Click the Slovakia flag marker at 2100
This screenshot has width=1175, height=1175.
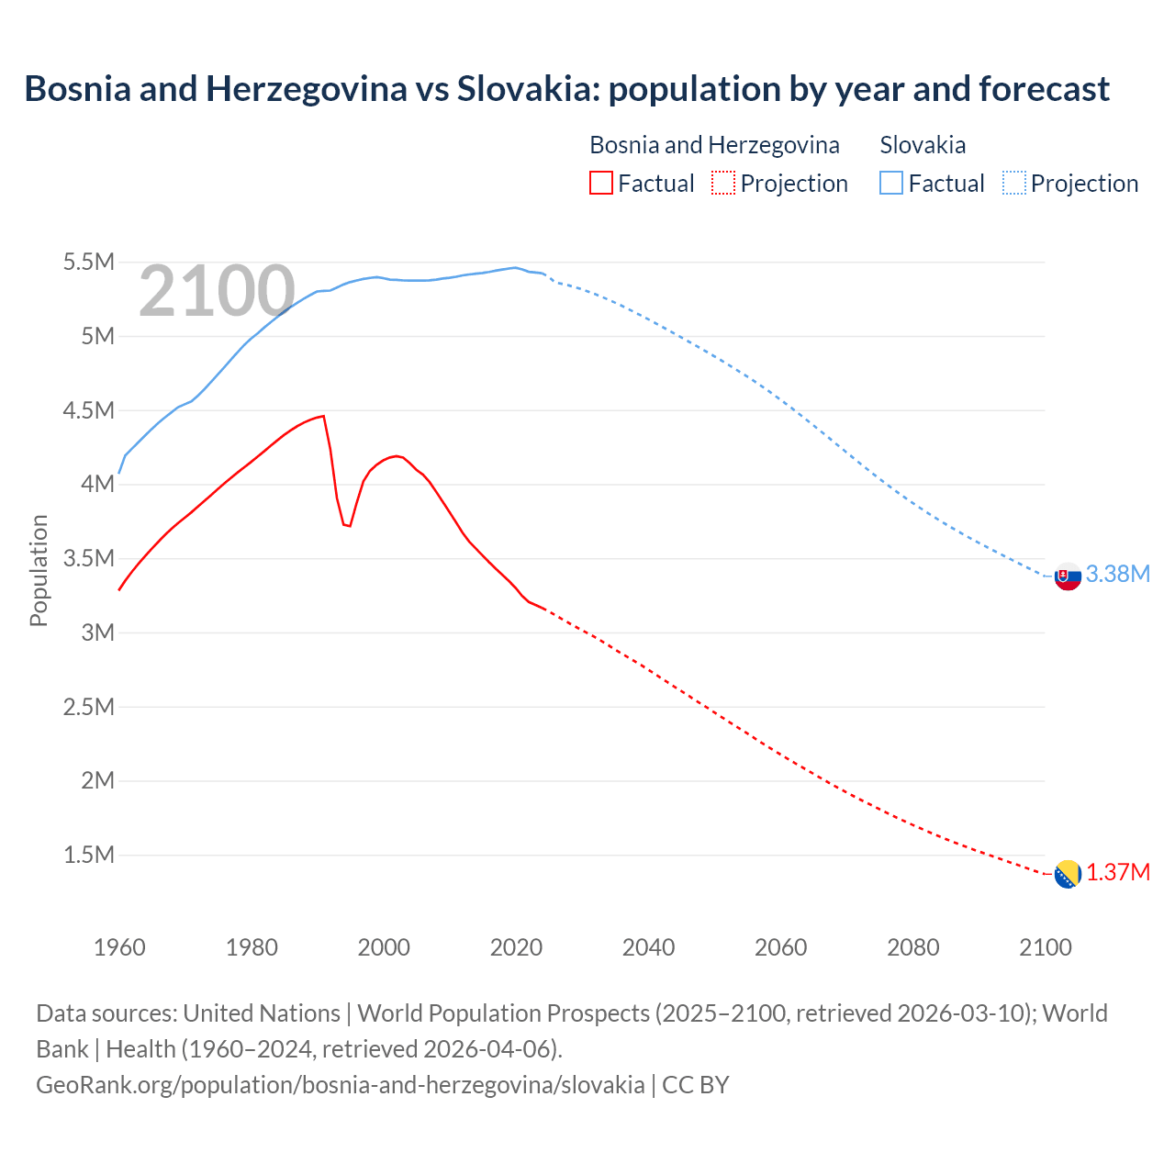point(1067,576)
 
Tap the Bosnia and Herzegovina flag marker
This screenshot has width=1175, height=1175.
point(1067,874)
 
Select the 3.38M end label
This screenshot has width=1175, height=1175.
point(1117,574)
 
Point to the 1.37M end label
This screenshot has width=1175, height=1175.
point(1118,872)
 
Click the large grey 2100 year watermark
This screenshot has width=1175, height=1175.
point(217,291)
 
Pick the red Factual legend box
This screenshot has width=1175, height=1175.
point(600,183)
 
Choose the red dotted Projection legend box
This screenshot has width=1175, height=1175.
point(723,183)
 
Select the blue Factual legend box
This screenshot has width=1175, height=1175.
point(890,183)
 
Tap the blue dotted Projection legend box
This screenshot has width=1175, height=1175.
point(1014,183)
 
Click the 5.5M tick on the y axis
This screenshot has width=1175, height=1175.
point(88,263)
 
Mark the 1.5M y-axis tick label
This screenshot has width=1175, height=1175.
point(88,855)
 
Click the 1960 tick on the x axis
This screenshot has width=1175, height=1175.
point(119,947)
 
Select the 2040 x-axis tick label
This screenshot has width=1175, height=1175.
point(648,947)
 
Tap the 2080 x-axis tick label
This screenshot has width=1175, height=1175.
point(912,947)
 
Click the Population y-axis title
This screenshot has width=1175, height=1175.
point(39,570)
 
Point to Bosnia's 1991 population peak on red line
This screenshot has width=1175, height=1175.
point(323,416)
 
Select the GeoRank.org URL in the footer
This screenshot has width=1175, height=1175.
point(340,1084)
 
